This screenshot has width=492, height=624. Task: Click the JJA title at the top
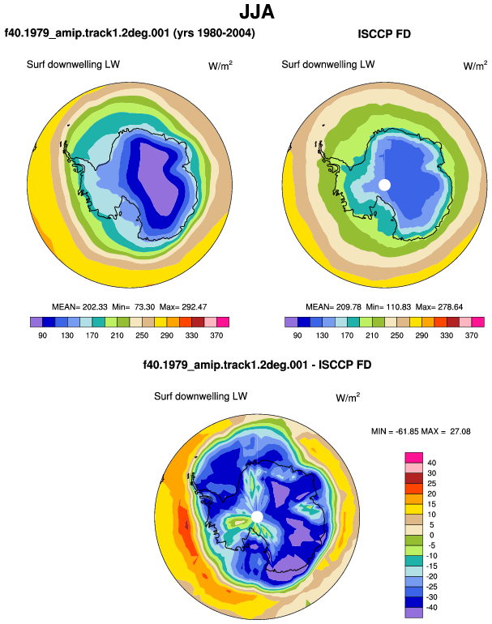pyautogui.click(x=257, y=12)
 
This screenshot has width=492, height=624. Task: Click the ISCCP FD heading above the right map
pyautogui.click(x=384, y=34)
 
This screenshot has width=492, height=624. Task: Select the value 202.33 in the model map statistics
pyautogui.click(x=95, y=307)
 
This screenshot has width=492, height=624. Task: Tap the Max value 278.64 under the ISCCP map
pyautogui.click(x=451, y=307)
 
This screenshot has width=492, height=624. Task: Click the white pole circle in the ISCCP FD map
pyautogui.click(x=384, y=185)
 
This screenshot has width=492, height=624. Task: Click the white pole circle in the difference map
pyautogui.click(x=257, y=517)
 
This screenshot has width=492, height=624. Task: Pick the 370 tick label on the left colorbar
pyautogui.click(x=216, y=336)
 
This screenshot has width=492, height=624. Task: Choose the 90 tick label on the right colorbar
pyautogui.click(x=297, y=336)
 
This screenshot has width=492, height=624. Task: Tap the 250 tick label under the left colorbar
pyautogui.click(x=142, y=336)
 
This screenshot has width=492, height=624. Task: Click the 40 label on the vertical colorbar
pyautogui.click(x=431, y=463)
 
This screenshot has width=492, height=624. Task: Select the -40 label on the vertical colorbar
pyautogui.click(x=430, y=608)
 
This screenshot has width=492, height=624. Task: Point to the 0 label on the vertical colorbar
pyautogui.click(x=431, y=535)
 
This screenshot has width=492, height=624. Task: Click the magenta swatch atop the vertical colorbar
pyautogui.click(x=414, y=458)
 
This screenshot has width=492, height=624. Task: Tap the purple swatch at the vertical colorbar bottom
pyautogui.click(x=414, y=613)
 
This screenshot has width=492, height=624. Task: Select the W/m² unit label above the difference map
pyautogui.click(x=348, y=397)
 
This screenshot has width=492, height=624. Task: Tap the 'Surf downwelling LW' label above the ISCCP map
pyautogui.click(x=328, y=65)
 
